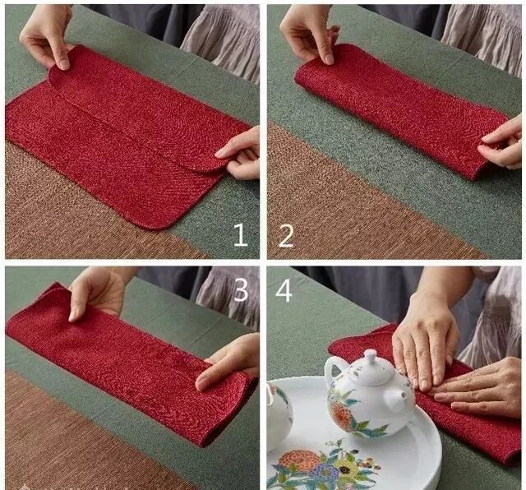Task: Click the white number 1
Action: click(x=241, y=235)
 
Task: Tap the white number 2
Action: click(x=286, y=236)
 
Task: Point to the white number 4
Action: click(x=284, y=290)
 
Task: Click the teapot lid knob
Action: click(x=371, y=354)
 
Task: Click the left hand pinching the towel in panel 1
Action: click(x=47, y=35)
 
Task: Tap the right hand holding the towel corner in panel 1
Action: click(x=240, y=155)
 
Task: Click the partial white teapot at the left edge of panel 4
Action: click(x=279, y=416)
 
